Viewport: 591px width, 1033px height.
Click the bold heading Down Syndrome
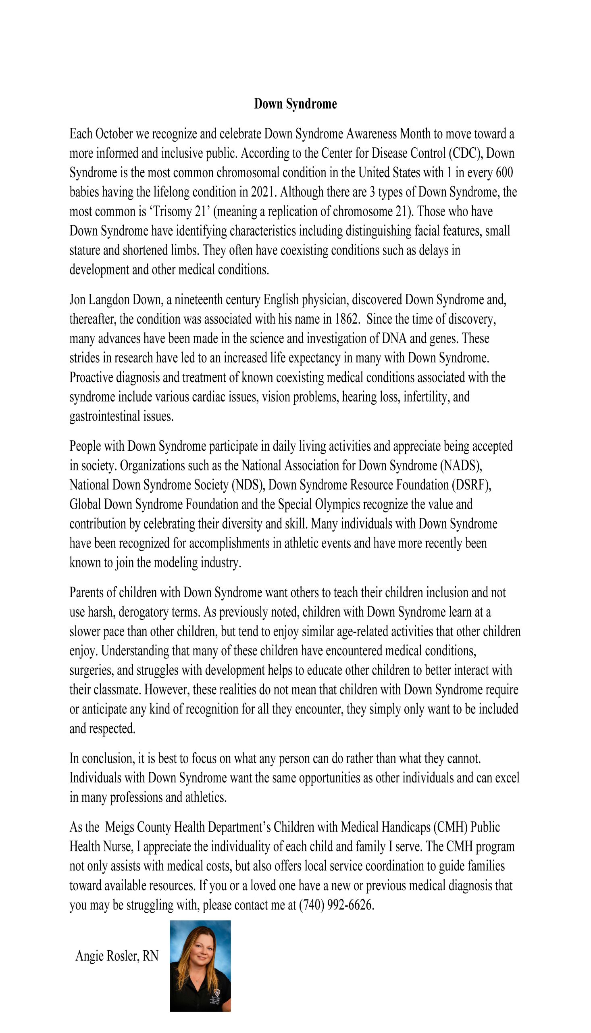[295, 104]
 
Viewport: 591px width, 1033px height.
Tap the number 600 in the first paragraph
[504, 173]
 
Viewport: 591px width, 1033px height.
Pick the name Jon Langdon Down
[116, 300]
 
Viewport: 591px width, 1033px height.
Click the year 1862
[347, 319]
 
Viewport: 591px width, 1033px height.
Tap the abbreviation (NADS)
[461, 466]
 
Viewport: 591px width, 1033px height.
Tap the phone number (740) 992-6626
[336, 905]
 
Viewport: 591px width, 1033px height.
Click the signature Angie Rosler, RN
[117, 956]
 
